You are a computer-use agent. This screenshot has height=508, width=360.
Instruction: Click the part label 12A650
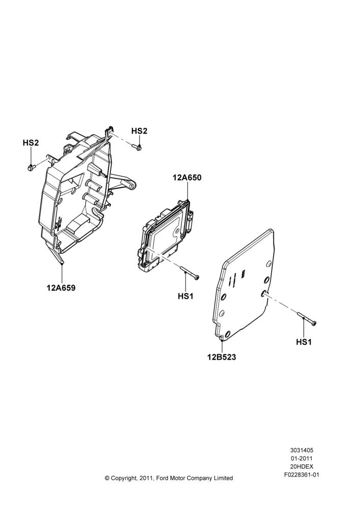pos(187,177)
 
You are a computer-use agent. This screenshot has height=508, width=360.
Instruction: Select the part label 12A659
pos(61,288)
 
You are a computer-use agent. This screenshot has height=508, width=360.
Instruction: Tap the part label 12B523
pos(222,357)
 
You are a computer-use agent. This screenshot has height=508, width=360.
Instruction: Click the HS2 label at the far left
pos(31,143)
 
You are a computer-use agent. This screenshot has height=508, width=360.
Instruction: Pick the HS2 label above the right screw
pos(139,131)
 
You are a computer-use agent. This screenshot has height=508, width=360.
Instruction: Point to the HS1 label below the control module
pos(186,296)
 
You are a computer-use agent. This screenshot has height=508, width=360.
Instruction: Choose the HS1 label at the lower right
pos(304,342)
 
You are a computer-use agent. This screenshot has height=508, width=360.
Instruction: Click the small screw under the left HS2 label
pos(31,168)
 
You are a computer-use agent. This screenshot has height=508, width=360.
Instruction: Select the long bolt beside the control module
pos(189,272)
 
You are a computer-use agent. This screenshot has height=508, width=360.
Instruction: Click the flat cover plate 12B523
pos(244,285)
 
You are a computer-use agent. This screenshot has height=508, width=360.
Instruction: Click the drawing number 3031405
pos(302,450)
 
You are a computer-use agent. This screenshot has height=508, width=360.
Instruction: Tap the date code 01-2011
pos(302,458)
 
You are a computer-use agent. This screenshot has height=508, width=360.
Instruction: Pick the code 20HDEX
pos(302,466)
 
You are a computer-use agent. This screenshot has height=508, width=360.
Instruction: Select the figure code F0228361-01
pos(302,475)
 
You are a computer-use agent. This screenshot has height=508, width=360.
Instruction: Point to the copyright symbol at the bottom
pos(107,478)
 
